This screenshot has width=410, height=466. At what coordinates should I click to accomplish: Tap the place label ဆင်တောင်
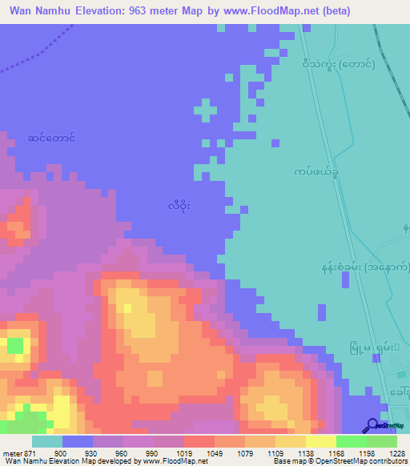50,138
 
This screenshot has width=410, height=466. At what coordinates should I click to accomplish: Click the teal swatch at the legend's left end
47,441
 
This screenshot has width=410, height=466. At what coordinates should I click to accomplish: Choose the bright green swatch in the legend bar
351,441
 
